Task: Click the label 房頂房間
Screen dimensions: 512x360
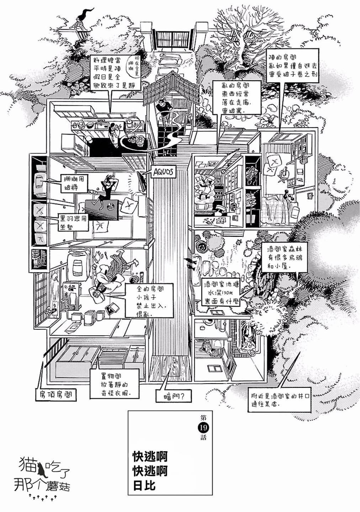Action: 57,395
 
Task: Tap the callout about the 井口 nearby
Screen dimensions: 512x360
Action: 279,400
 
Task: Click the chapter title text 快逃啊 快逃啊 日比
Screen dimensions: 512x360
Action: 150,470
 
